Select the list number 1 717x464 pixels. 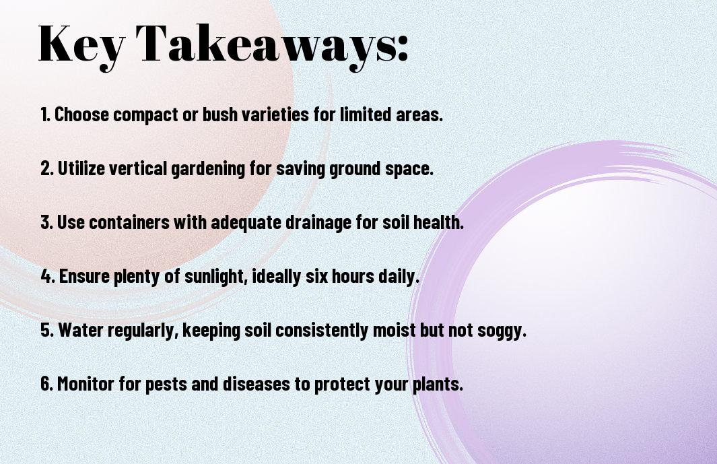point(45,114)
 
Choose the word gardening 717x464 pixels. point(208,169)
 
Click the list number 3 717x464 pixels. point(46,222)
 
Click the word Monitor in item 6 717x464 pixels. point(86,383)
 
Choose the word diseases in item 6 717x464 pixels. point(257,383)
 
